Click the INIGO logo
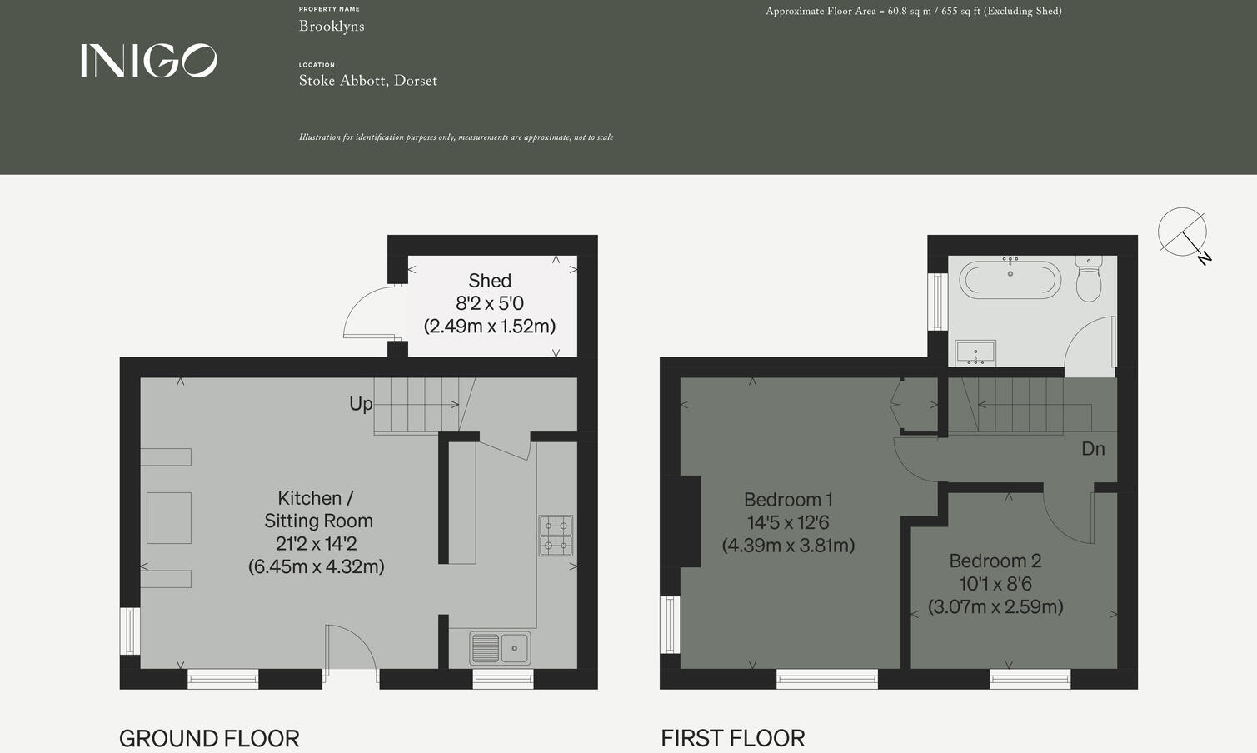pyautogui.click(x=149, y=61)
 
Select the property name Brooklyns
pyautogui.click(x=332, y=27)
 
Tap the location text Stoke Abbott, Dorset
pyautogui.click(x=367, y=81)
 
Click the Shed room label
pyautogui.click(x=490, y=281)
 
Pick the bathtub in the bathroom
pyautogui.click(x=1010, y=281)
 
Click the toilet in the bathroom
pyautogui.click(x=1089, y=279)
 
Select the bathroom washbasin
pyautogui.click(x=975, y=353)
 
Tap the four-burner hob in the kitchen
pyautogui.click(x=556, y=536)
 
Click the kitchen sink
pyautogui.click(x=500, y=648)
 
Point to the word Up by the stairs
pyautogui.click(x=361, y=404)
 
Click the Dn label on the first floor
pyautogui.click(x=1093, y=449)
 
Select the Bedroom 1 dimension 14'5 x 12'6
pyautogui.click(x=788, y=523)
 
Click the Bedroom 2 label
pyautogui.click(x=995, y=561)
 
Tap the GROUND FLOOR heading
pyautogui.click(x=209, y=738)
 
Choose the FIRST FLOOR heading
pyautogui.click(x=733, y=738)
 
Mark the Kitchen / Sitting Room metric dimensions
pyautogui.click(x=317, y=566)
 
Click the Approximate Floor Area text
pyautogui.click(x=913, y=12)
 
